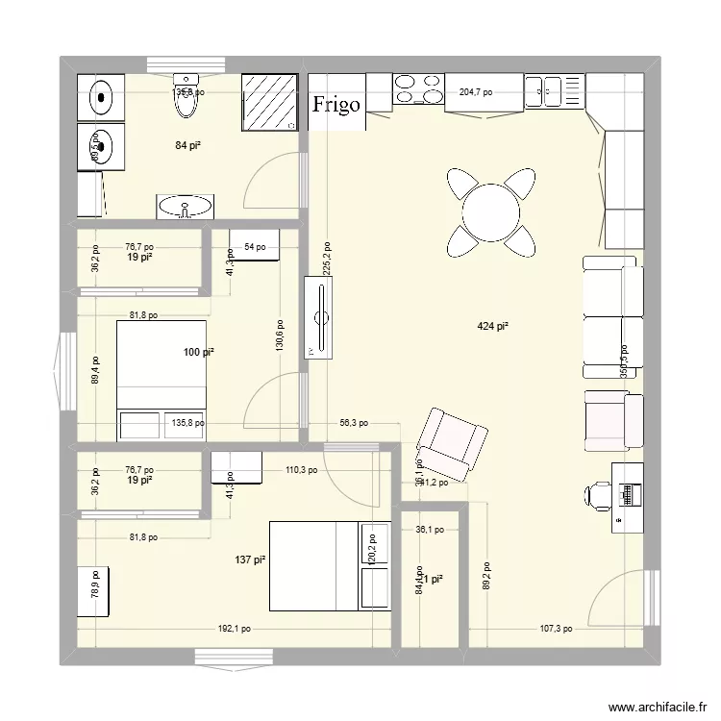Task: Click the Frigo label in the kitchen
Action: (x=336, y=104)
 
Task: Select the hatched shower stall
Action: (x=268, y=101)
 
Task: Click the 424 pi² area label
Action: (x=492, y=327)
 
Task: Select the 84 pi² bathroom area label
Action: (x=187, y=145)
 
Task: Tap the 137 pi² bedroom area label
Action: (x=250, y=559)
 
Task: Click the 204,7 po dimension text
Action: (x=476, y=93)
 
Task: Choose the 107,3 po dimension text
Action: (x=554, y=631)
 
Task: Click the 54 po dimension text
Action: (x=255, y=248)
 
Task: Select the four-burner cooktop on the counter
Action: (x=417, y=89)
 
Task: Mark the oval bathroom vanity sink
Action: (x=185, y=206)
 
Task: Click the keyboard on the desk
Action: (x=631, y=494)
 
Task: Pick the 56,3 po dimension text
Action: (x=353, y=422)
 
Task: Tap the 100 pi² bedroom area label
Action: (x=199, y=353)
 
